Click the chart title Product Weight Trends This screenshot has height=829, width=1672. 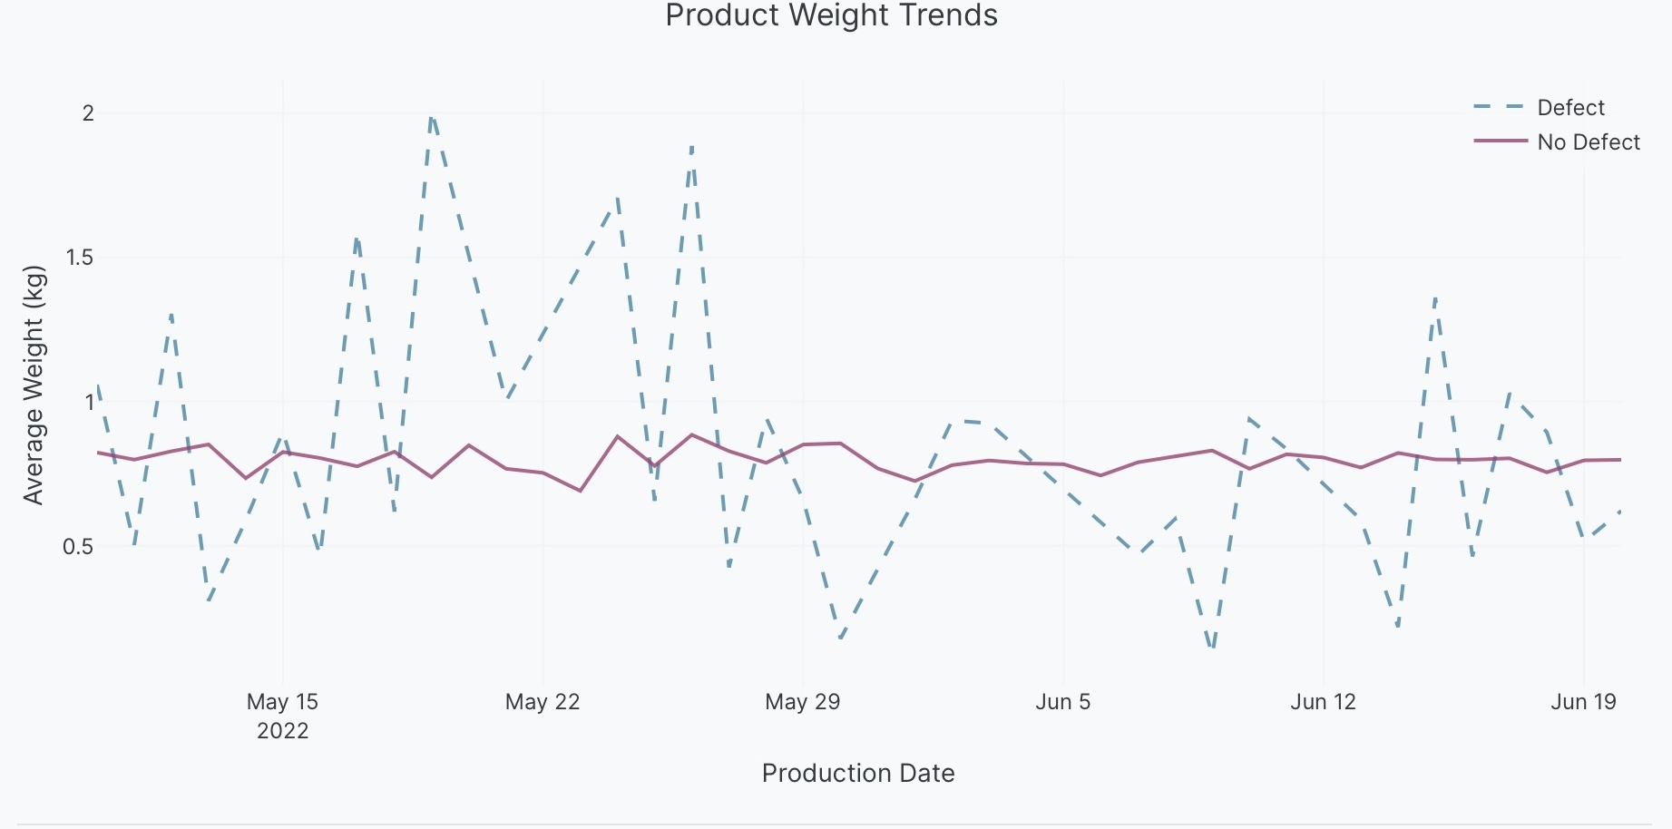tap(831, 16)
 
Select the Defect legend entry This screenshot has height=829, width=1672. tap(1570, 108)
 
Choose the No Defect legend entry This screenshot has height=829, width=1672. tap(1588, 142)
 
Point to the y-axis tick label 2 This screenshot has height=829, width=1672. tap(88, 113)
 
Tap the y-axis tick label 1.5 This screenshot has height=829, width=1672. tap(80, 258)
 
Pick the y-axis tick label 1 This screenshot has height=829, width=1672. tap(89, 402)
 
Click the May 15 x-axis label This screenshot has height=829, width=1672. tap(282, 701)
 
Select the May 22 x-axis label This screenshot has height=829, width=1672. tap(543, 701)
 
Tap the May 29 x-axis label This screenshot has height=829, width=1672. tap(803, 701)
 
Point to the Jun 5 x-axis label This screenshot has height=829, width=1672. tap(1063, 701)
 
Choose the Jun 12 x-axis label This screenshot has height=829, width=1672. tap(1323, 701)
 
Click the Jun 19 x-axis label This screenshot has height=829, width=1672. tap(1583, 701)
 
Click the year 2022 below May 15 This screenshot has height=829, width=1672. tap(282, 731)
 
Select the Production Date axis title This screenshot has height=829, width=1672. tap(858, 773)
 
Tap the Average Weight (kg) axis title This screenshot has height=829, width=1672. tap(34, 385)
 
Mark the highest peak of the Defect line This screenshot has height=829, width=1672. tap(432, 115)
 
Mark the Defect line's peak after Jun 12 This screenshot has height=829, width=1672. tap(1435, 297)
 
